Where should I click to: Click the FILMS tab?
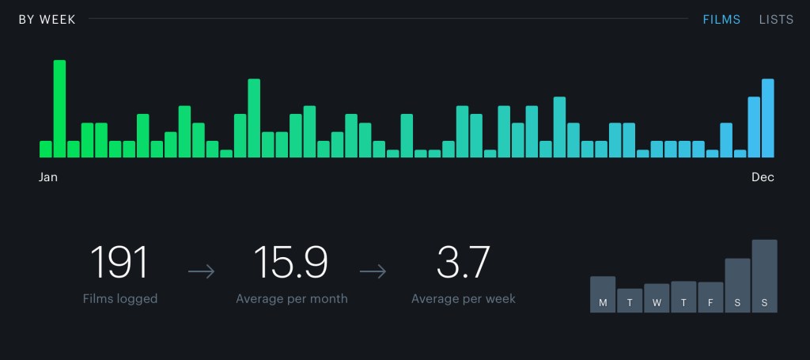point(721,20)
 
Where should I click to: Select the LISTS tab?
point(776,20)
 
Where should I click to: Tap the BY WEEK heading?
point(47,20)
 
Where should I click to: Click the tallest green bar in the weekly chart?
point(59,109)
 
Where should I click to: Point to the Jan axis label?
point(48,177)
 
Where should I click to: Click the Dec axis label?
point(763,177)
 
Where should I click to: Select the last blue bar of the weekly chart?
point(767,119)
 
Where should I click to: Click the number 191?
point(119,263)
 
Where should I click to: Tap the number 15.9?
point(290,263)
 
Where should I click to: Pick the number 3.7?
point(464,263)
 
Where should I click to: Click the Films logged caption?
point(120,299)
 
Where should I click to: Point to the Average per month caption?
point(292,299)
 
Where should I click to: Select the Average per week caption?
point(464,299)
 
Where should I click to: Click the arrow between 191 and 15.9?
point(202,272)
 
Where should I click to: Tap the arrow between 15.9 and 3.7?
point(373,272)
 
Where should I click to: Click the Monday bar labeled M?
point(603,294)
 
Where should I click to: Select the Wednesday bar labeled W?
point(657,298)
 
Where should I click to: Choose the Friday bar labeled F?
point(710,297)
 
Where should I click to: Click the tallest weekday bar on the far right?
point(764,276)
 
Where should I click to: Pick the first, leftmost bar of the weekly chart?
point(46,150)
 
